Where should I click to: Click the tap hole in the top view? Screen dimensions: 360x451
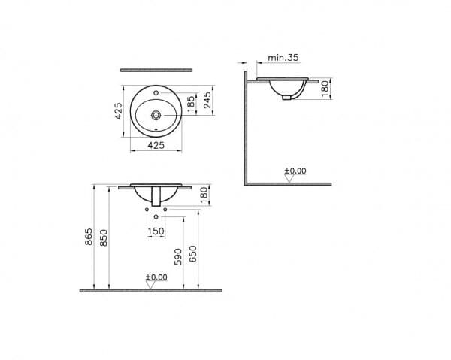155,94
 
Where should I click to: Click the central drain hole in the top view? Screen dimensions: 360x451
155,116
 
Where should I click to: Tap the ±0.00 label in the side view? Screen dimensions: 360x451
295,171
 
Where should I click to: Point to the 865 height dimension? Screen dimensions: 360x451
89,237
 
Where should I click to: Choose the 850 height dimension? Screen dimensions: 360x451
106,237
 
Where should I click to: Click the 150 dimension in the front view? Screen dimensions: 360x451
156,231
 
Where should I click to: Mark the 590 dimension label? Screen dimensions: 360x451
179,256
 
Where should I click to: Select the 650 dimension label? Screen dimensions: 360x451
195,254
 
